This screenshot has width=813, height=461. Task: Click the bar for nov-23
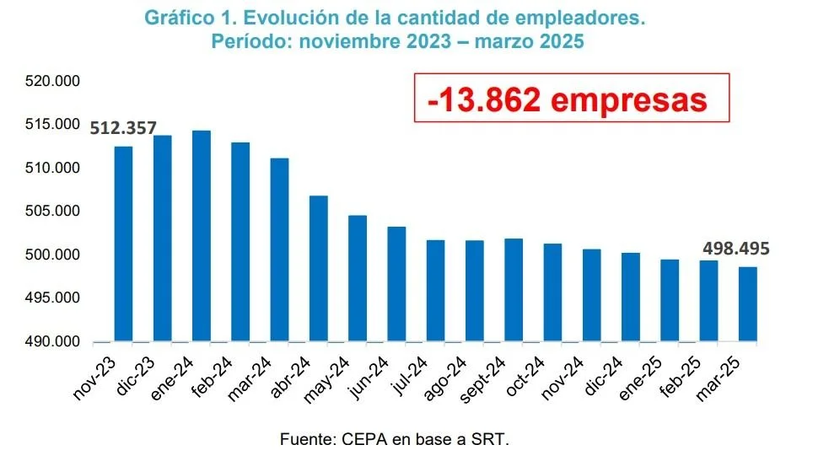click(123, 244)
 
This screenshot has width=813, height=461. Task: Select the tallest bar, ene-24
click(202, 236)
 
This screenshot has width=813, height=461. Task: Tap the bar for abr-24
click(318, 269)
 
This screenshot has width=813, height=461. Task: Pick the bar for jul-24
click(435, 291)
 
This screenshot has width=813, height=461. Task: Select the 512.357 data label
click(123, 128)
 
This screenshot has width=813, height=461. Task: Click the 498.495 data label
click(735, 249)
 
